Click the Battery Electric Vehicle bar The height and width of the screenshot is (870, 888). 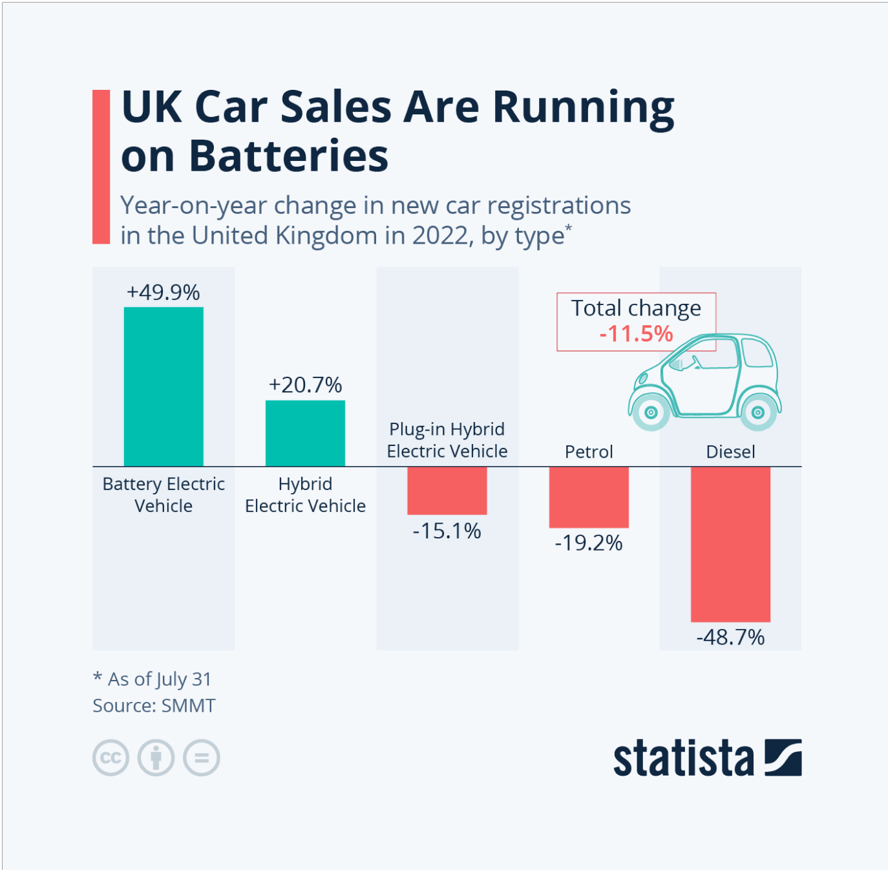click(164, 387)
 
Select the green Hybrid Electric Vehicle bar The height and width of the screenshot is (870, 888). click(305, 433)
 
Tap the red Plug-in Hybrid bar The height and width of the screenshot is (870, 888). click(447, 491)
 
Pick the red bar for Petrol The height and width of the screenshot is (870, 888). click(589, 497)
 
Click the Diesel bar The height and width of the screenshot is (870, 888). click(730, 544)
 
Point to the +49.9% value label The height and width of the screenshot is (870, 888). click(164, 292)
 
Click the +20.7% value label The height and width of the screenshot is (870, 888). click(305, 385)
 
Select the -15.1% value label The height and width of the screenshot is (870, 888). click(447, 531)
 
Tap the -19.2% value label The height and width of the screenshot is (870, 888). click(589, 543)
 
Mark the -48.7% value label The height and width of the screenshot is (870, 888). click(730, 638)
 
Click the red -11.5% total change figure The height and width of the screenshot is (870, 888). click(636, 334)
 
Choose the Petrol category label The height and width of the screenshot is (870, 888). click(589, 452)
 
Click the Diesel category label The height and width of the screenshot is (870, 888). click(730, 452)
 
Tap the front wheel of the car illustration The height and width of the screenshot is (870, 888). click(651, 412)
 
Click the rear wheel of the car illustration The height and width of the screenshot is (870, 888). click(758, 412)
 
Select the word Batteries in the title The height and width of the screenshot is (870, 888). click(288, 156)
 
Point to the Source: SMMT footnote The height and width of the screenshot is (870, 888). click(154, 706)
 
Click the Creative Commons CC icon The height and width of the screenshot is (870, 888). click(111, 758)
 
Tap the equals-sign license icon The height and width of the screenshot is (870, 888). click(202, 758)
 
